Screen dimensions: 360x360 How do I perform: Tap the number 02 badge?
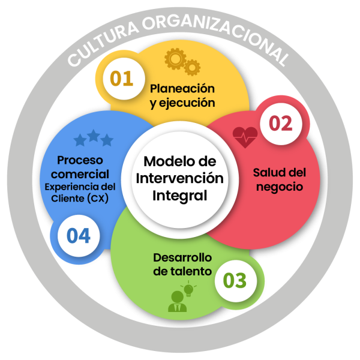tap(280, 124)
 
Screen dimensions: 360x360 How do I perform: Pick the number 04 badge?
tap(79, 236)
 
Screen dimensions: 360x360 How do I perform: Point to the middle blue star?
tap(93, 136)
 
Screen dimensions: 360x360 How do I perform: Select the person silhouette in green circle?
tap(178, 302)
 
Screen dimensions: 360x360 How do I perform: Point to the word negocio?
tap(279, 187)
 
